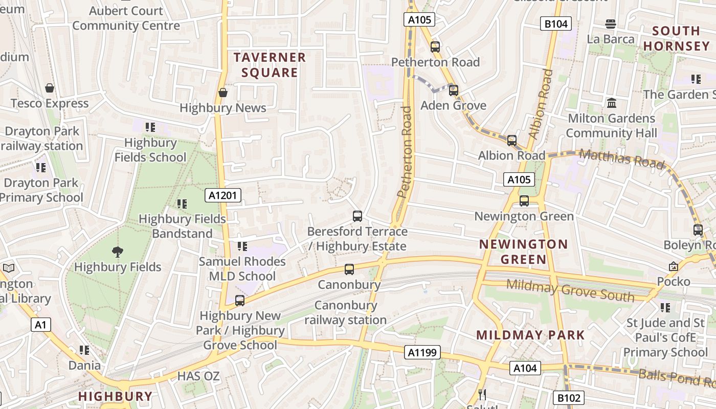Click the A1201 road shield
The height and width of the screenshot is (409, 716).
[223, 195]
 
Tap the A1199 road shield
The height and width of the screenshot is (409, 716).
[422, 352]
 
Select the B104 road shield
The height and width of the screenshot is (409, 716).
[555, 24]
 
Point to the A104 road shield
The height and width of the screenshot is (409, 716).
[525, 368]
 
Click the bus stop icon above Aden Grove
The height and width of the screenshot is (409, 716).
[453, 90]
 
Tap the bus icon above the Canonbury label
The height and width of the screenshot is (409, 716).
[349, 269]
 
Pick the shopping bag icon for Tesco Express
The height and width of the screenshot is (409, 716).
[50, 88]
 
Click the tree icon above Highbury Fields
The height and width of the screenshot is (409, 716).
[118, 252]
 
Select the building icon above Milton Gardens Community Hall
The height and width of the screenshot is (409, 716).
[611, 103]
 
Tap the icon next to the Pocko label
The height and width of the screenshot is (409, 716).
[673, 266]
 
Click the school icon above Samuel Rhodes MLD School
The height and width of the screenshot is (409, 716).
[242, 246]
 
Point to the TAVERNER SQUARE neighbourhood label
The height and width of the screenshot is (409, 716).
[270, 65]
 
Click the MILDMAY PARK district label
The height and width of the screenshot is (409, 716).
[530, 335]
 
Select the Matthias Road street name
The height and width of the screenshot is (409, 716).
[622, 158]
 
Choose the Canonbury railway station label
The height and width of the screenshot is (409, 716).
[346, 313]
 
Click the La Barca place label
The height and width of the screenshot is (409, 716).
[611, 39]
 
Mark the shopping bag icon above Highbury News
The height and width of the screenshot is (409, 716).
[223, 93]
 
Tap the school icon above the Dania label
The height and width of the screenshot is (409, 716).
[84, 350]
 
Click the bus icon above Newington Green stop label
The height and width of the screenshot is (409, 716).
[524, 201]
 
